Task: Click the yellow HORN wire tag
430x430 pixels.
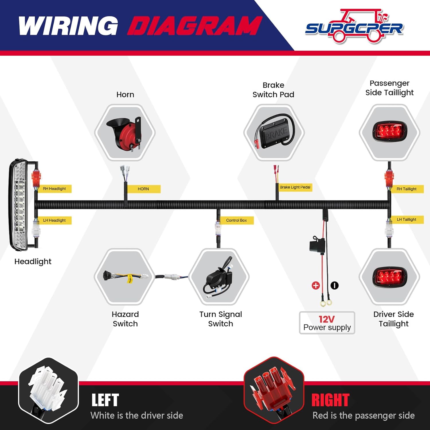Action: [143, 189]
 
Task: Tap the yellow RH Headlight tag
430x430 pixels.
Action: [54, 189]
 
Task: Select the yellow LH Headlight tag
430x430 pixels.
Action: [54, 220]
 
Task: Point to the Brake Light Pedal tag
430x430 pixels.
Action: [295, 187]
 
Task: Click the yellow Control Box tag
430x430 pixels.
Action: [236, 220]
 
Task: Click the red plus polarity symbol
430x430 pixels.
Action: [316, 286]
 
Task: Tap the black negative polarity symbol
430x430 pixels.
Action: [335, 286]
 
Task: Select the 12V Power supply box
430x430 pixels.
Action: [327, 323]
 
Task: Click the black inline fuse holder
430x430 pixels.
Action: [317, 245]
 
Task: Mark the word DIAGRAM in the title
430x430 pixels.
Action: [195, 26]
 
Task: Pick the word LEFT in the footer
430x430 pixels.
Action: [105, 400]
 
